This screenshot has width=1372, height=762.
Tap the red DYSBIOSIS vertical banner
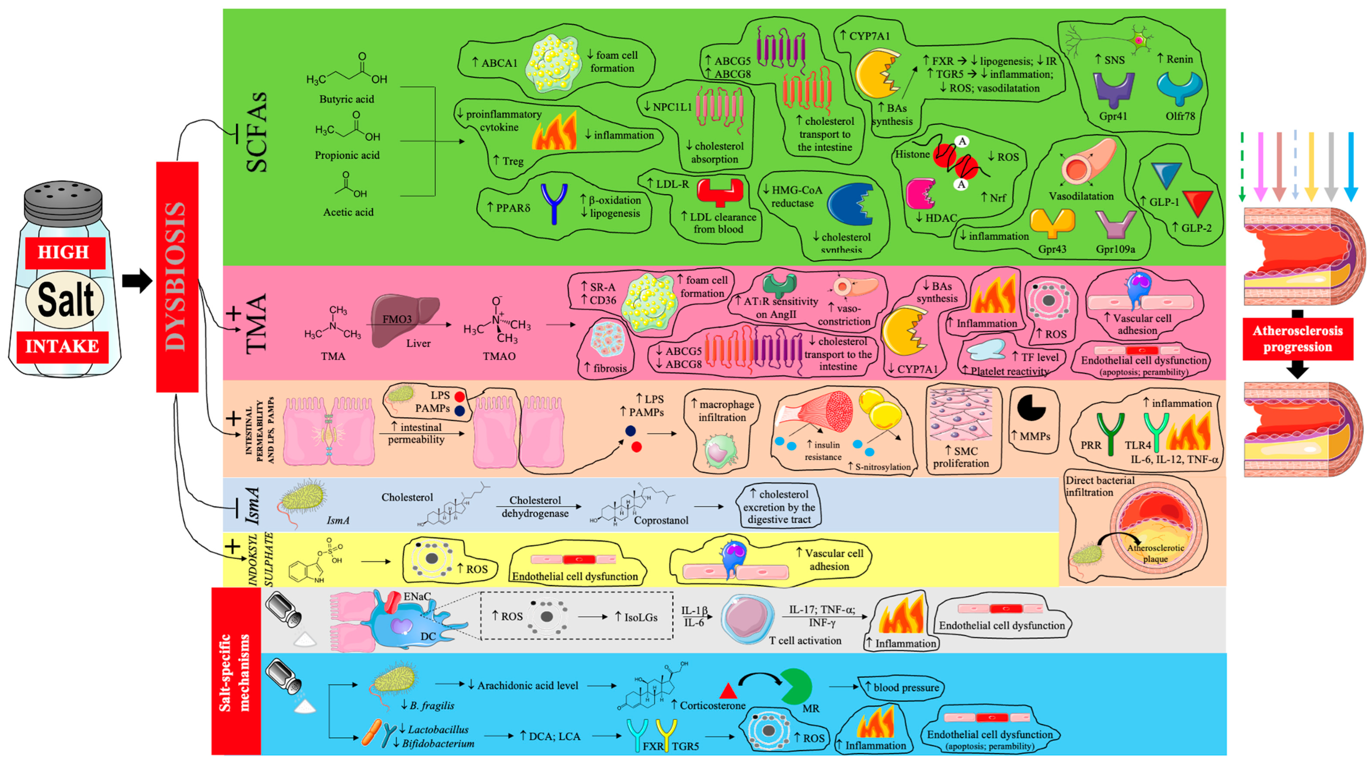coord(177,277)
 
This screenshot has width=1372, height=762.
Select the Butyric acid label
coord(347,99)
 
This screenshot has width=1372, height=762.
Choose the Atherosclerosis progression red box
coord(1298,339)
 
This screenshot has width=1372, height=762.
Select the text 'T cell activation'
coord(805,640)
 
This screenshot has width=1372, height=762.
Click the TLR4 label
coord(1138,445)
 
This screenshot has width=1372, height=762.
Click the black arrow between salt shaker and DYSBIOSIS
coord(137,281)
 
